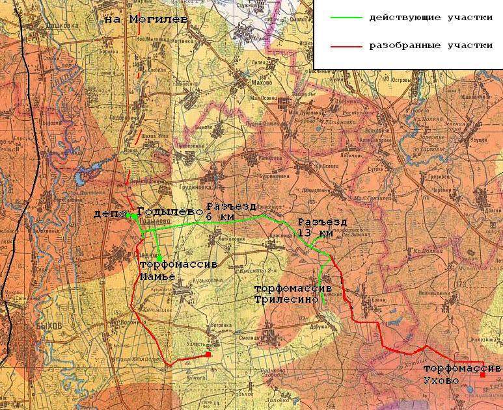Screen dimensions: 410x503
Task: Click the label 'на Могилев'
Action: point(146,19)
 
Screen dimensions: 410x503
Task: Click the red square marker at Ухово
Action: point(483,375)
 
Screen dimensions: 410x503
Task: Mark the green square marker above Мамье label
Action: point(159,258)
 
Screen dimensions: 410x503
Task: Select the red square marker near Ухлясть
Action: point(208,355)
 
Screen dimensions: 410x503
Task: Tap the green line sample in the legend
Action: point(344,17)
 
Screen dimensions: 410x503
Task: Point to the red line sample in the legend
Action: point(344,46)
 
